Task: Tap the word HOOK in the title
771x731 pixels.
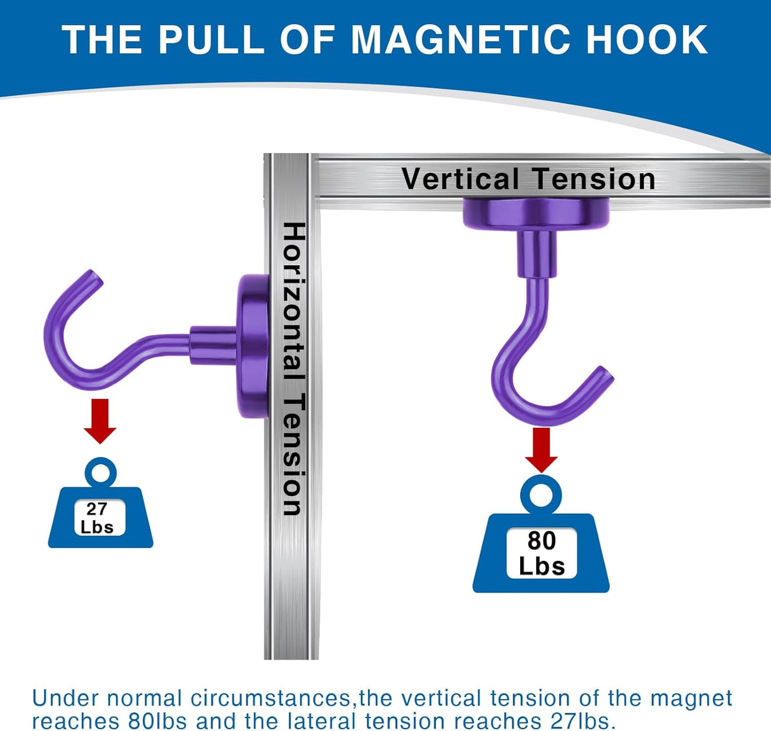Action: (x=647, y=40)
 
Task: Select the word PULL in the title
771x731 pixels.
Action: (x=211, y=40)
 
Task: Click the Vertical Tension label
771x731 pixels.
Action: (x=528, y=179)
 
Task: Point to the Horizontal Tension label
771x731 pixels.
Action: (x=293, y=368)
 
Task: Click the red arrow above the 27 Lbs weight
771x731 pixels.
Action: (x=100, y=420)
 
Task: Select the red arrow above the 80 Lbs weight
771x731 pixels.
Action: (x=541, y=449)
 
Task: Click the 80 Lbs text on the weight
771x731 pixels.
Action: (x=542, y=553)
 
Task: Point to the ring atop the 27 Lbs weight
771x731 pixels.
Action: (x=100, y=472)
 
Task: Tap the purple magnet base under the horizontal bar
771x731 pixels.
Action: (x=536, y=213)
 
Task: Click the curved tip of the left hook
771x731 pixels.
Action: (x=92, y=277)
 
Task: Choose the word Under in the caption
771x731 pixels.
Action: (x=65, y=698)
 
